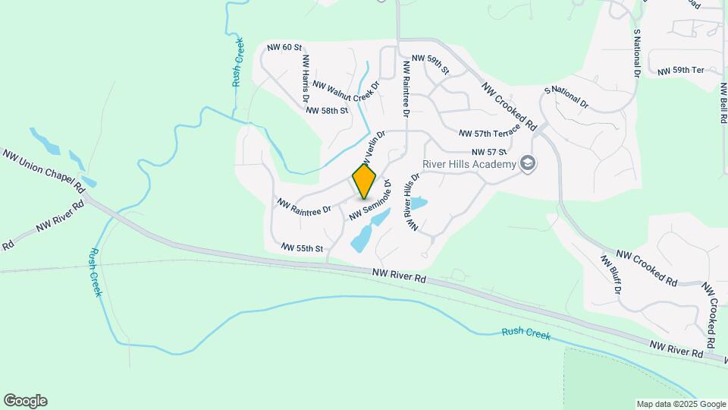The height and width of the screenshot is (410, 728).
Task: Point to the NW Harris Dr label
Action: tap(306, 78)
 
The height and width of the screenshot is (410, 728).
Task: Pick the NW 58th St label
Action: tap(327, 111)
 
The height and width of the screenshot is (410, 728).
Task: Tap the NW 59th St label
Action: tap(430, 65)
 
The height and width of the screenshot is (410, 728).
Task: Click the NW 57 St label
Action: tap(488, 152)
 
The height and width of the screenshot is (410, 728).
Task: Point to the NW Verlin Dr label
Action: tap(374, 147)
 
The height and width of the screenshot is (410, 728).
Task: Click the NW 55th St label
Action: tap(302, 248)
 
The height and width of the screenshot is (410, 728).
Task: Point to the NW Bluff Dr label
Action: tap(611, 275)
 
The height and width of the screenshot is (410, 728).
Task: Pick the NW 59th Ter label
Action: tap(681, 71)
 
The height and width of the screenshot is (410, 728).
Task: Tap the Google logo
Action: tap(25, 401)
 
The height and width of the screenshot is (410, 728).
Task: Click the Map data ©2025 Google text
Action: tap(680, 404)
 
